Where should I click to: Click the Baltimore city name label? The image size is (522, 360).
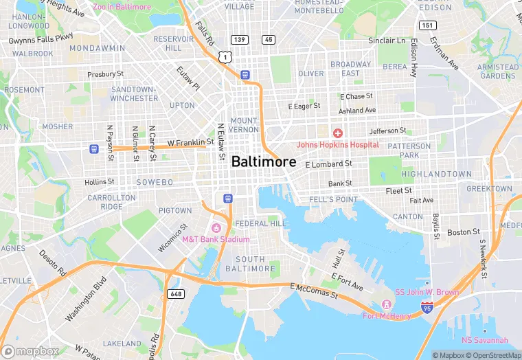[264, 162]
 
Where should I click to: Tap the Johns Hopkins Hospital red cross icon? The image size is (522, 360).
[337, 133]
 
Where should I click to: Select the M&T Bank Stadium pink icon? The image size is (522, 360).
[216, 228]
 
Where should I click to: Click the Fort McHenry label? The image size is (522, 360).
[387, 316]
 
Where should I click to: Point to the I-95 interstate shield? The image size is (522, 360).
[427, 309]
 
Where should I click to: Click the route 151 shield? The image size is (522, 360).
[428, 25]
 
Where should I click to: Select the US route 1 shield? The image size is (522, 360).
[225, 58]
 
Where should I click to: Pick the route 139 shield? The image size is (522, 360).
[239, 39]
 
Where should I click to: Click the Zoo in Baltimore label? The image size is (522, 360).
[121, 7]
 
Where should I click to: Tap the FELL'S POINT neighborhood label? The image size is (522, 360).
[334, 199]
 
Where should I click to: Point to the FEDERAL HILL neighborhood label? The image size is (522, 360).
[260, 224]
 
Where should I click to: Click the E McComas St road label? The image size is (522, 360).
[314, 291]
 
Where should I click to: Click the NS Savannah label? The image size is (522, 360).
[484, 340]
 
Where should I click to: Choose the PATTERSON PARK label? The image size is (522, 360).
[409, 150]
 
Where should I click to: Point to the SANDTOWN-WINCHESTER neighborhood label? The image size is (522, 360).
[134, 94]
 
